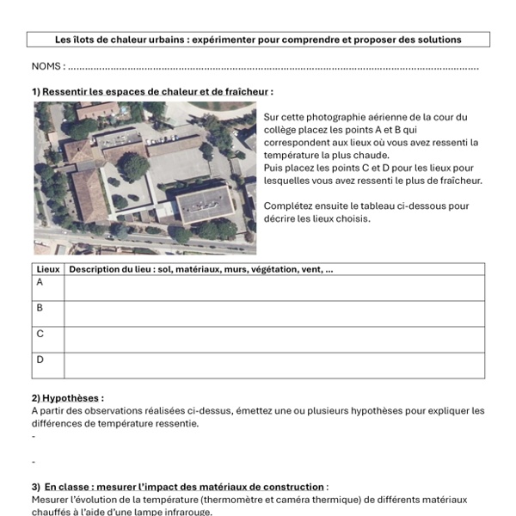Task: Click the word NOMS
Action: point(46,66)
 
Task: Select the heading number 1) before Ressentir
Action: point(36,91)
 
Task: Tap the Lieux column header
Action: point(48,269)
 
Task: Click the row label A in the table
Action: point(40,282)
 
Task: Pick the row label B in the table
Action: point(40,307)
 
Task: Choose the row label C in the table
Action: point(40,333)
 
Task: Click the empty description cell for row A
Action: point(273,288)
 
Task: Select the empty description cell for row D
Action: point(273,365)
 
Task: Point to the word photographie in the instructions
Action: point(336,117)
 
